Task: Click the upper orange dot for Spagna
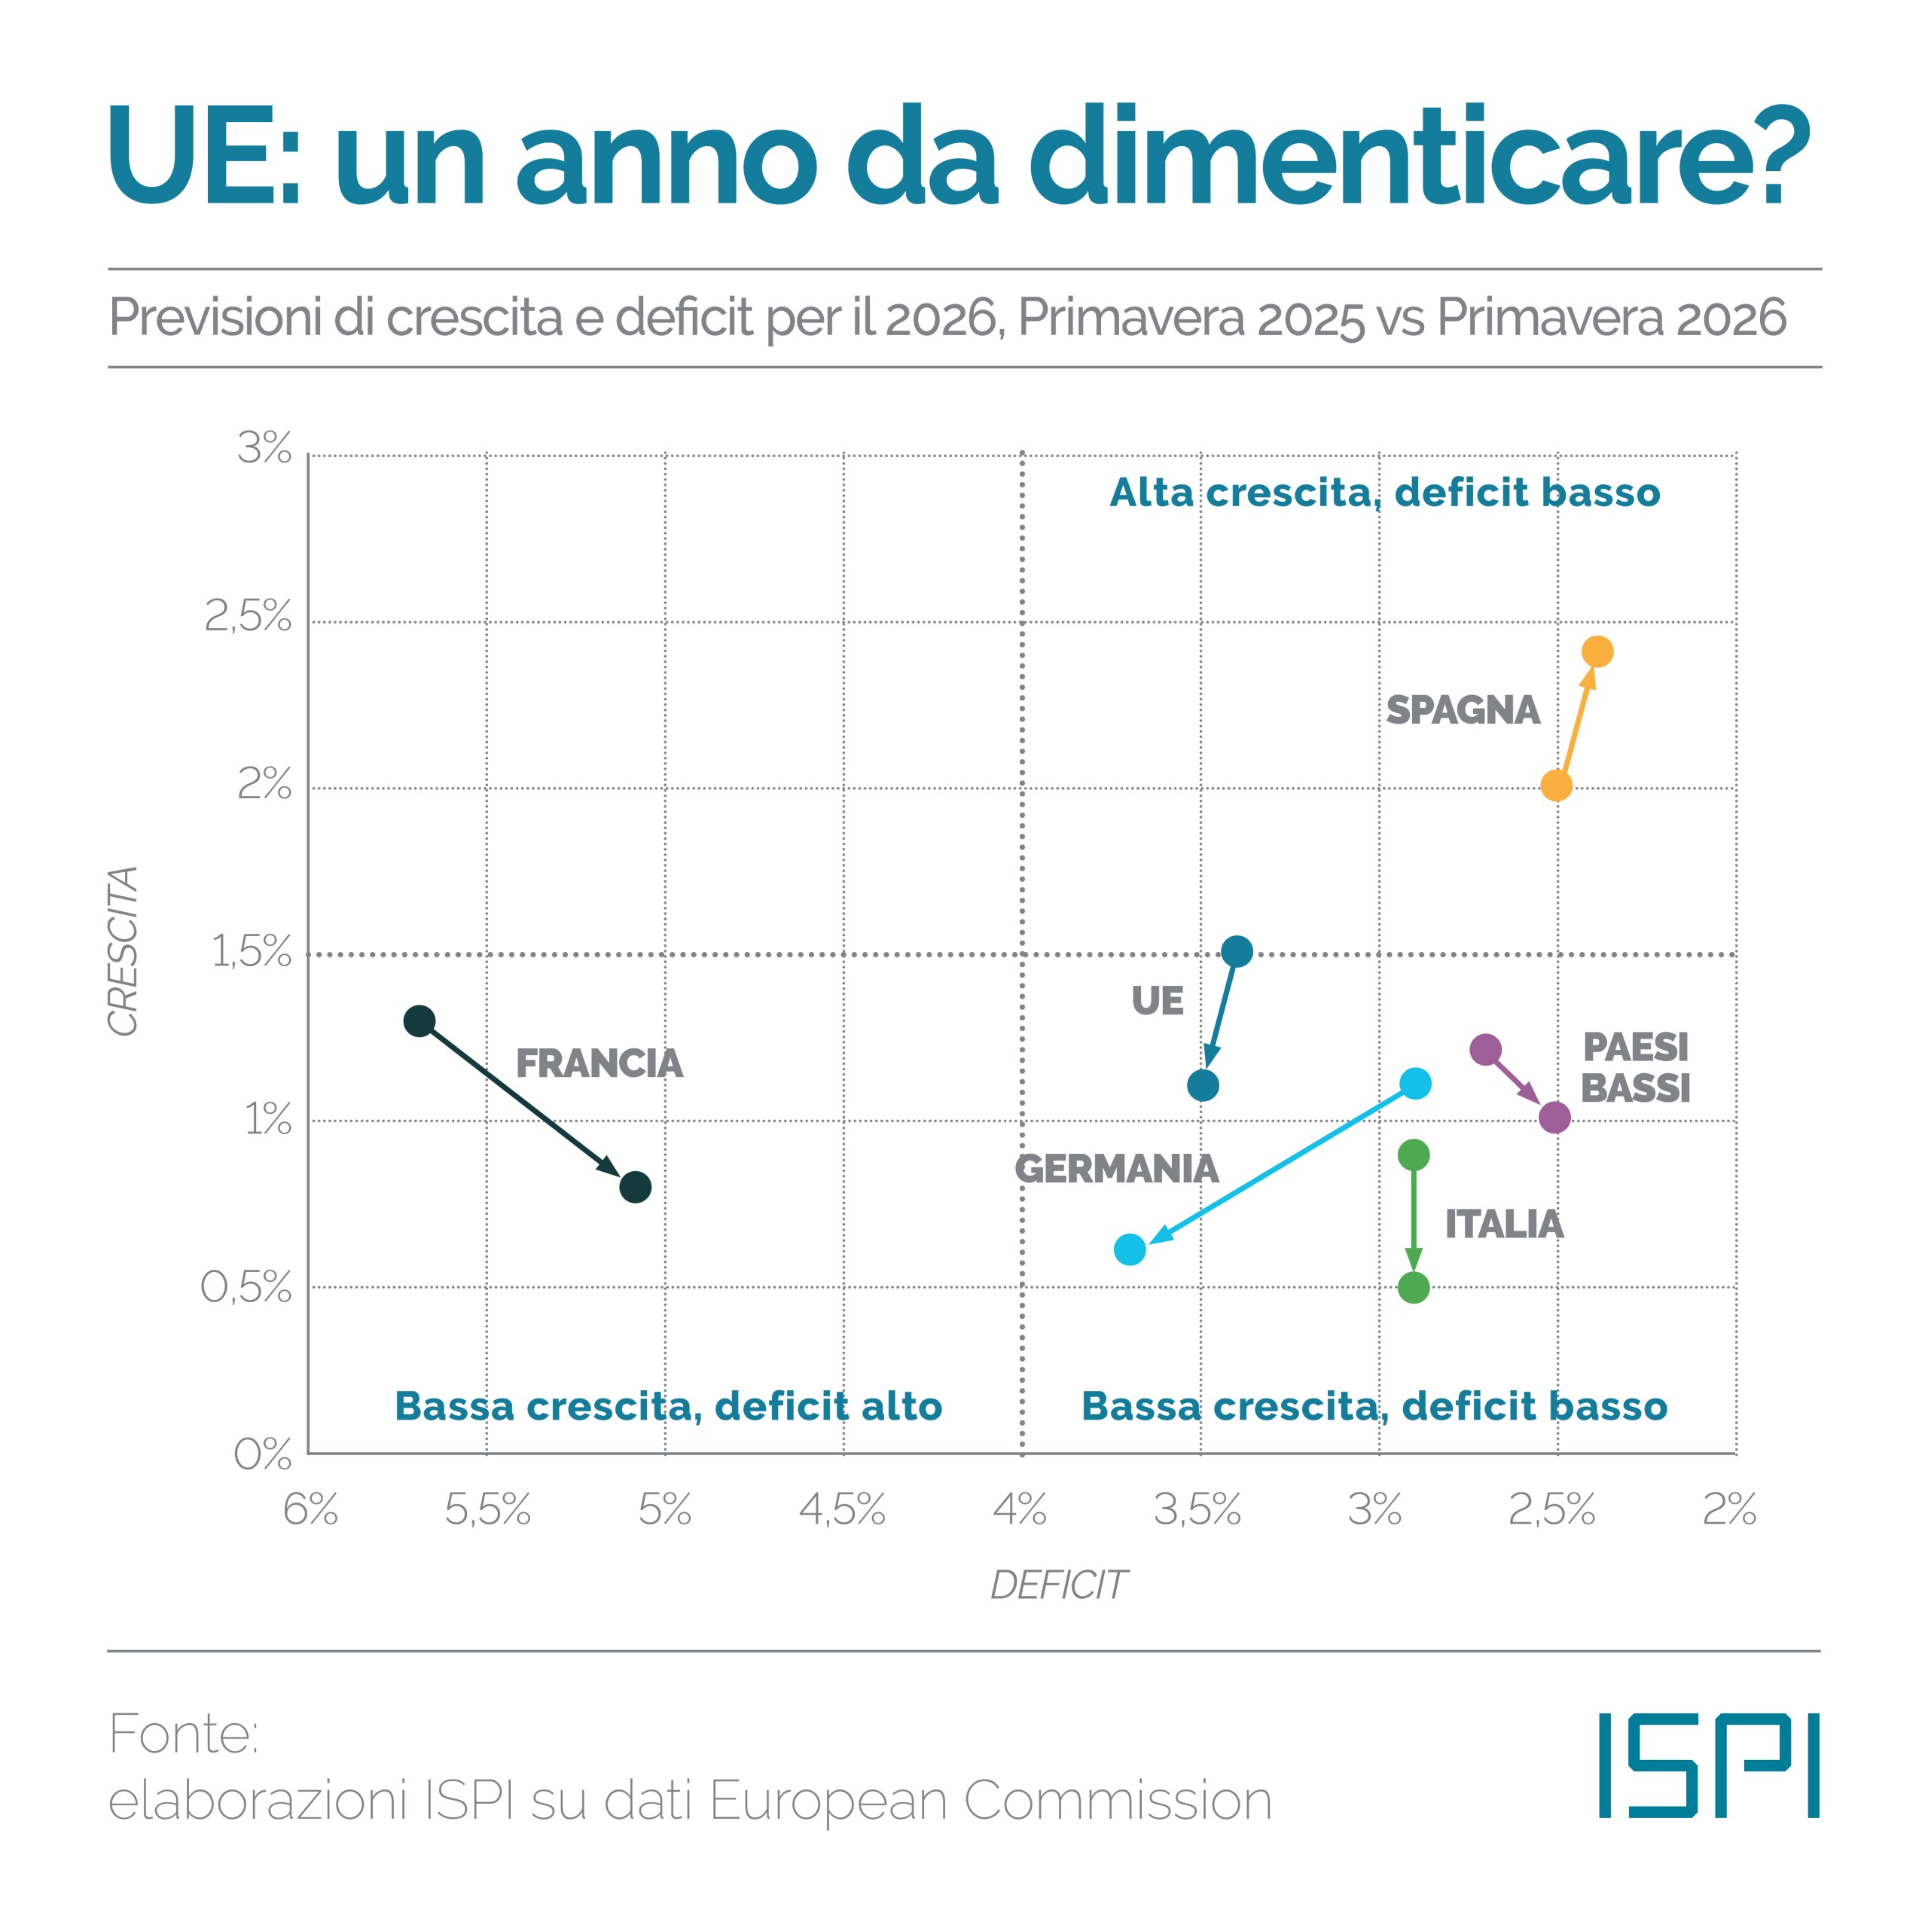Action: tap(1597, 651)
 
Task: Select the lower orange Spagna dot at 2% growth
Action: tap(1556, 786)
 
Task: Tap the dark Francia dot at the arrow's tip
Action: tap(635, 1188)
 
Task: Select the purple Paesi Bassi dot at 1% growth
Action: tap(1554, 1118)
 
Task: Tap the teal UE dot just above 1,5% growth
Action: tap(1237, 951)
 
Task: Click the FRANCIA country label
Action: tap(599, 1064)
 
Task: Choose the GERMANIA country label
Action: tap(1117, 1169)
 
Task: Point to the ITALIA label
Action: tap(1504, 1225)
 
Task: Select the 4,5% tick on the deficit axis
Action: tap(842, 1510)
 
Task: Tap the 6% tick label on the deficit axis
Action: tap(310, 1510)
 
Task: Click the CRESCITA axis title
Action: tap(123, 951)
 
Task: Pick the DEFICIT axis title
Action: tap(1058, 1585)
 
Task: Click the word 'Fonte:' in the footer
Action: tap(184, 1734)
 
